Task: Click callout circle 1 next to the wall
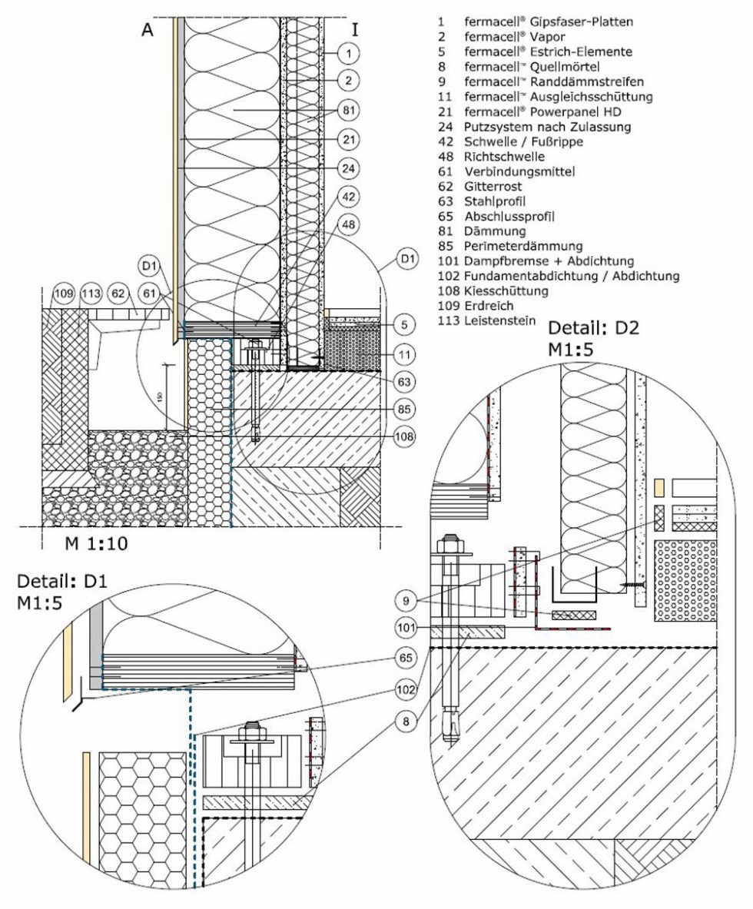[x=348, y=53]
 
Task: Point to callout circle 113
[x=91, y=293]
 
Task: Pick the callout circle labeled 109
[x=63, y=293]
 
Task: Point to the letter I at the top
[x=355, y=30]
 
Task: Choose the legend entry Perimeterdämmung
[x=522, y=247]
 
